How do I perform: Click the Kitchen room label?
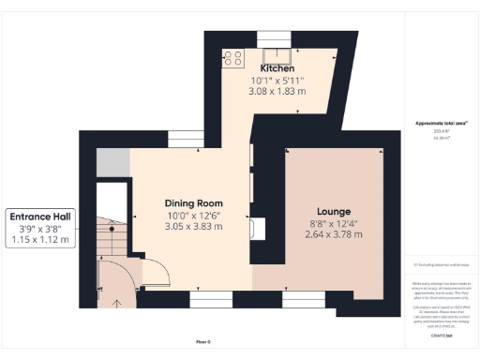tap(277, 68)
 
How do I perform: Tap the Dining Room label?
tap(193, 203)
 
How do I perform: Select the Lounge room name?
tap(334, 211)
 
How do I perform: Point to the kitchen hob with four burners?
tap(230, 57)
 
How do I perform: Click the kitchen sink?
tap(277, 54)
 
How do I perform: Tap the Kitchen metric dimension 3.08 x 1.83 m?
tap(277, 91)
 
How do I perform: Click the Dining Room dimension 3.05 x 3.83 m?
tap(193, 227)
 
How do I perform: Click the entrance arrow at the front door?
tap(117, 302)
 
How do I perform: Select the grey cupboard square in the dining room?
tap(112, 162)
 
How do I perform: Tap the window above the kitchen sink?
tap(277, 38)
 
